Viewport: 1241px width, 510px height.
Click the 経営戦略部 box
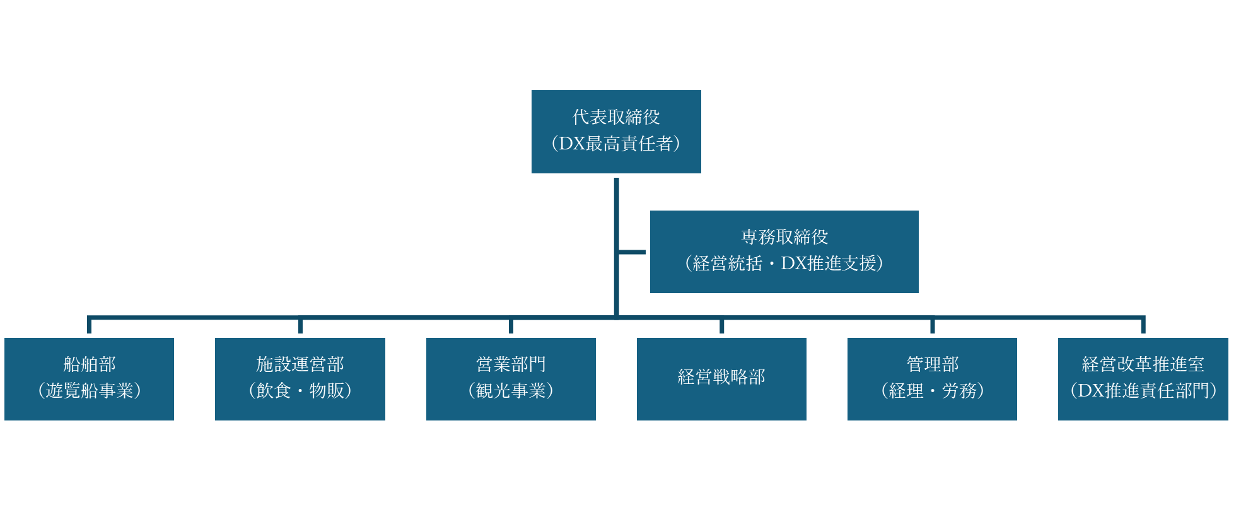click(721, 378)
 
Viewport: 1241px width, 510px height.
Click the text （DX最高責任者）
click(616, 144)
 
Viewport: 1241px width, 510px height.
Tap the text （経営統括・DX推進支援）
click(784, 264)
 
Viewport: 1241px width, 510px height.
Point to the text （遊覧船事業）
click(89, 391)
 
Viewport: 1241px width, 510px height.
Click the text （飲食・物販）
click(300, 391)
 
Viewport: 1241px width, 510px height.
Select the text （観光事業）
click(511, 391)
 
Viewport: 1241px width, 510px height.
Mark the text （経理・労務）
click(932, 391)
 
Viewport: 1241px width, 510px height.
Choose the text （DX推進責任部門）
click(1143, 391)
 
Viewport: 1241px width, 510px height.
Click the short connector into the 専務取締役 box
click(632, 252)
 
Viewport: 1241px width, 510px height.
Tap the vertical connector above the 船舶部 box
click(90, 325)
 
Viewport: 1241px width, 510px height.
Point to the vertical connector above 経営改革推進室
click(1143, 325)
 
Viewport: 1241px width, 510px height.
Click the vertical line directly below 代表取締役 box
click(616, 208)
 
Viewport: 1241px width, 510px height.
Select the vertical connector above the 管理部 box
click(932, 326)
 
